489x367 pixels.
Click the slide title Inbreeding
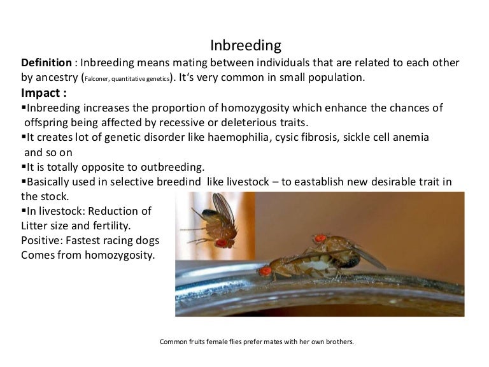coord(245,46)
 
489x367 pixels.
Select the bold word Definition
coord(46,64)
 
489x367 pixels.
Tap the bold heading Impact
coord(43,93)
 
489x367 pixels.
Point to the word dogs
coord(146,241)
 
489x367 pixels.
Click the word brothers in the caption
coord(337,342)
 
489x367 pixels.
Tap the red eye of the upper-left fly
coord(221,242)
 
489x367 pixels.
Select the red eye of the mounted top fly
coord(320,238)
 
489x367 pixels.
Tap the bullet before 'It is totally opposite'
coord(24,168)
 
